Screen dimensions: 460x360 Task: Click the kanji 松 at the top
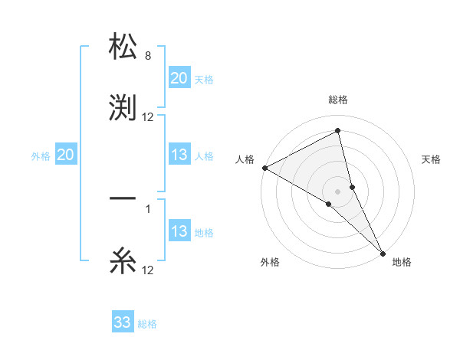(123, 46)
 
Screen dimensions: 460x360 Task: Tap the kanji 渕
(123, 107)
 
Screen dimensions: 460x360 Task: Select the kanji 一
(123, 199)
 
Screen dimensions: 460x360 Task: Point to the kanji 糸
(123, 260)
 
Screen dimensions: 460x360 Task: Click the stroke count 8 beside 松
(148, 56)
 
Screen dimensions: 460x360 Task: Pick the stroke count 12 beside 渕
(148, 117)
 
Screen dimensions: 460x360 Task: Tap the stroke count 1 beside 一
(148, 209)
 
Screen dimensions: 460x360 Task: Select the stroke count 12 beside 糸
(148, 270)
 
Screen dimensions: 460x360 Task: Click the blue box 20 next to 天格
(179, 78)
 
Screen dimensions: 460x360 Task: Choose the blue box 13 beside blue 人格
(179, 155)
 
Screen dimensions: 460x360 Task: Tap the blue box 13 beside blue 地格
(179, 231)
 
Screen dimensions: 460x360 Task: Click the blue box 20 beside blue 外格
(65, 155)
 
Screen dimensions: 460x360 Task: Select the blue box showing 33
(123, 322)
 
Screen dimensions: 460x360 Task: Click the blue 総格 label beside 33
(147, 324)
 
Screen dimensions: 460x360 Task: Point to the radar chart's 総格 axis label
(337, 100)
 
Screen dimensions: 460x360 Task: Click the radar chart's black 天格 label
(432, 159)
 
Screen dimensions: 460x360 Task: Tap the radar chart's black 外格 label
(270, 262)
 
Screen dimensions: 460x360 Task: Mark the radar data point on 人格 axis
(264, 168)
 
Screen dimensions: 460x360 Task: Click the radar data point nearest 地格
(382, 252)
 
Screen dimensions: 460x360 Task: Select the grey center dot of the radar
(337, 191)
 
